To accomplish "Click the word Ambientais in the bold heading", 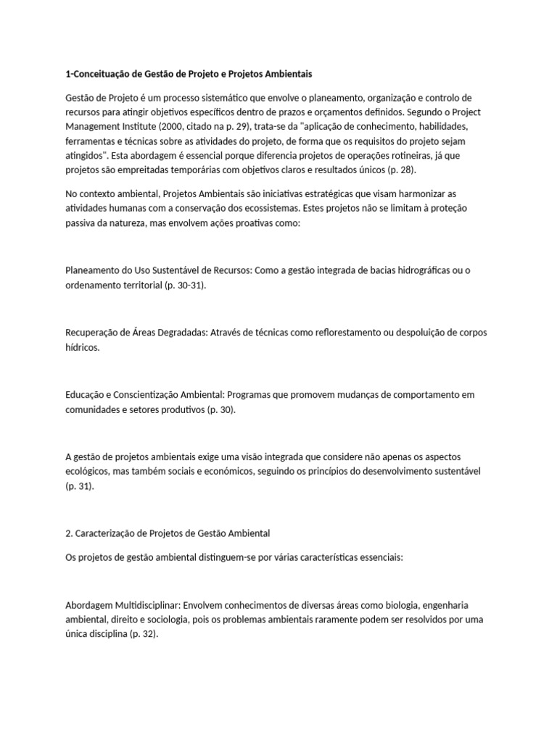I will [x=284, y=74].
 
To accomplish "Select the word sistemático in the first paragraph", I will [x=195, y=98].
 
